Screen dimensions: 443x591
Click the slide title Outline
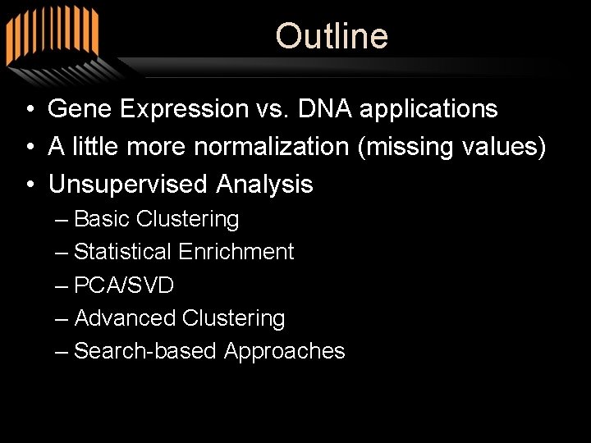pos(332,36)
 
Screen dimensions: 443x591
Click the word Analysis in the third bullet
pos(264,185)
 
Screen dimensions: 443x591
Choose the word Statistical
pos(122,252)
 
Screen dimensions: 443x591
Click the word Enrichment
pos(236,252)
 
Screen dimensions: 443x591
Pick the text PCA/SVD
pos(123,285)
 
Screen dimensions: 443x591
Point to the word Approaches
pos(284,352)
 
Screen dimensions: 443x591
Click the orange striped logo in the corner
pos(51,37)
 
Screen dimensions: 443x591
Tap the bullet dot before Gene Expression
pos(29,109)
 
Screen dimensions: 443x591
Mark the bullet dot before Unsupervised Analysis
pos(29,185)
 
